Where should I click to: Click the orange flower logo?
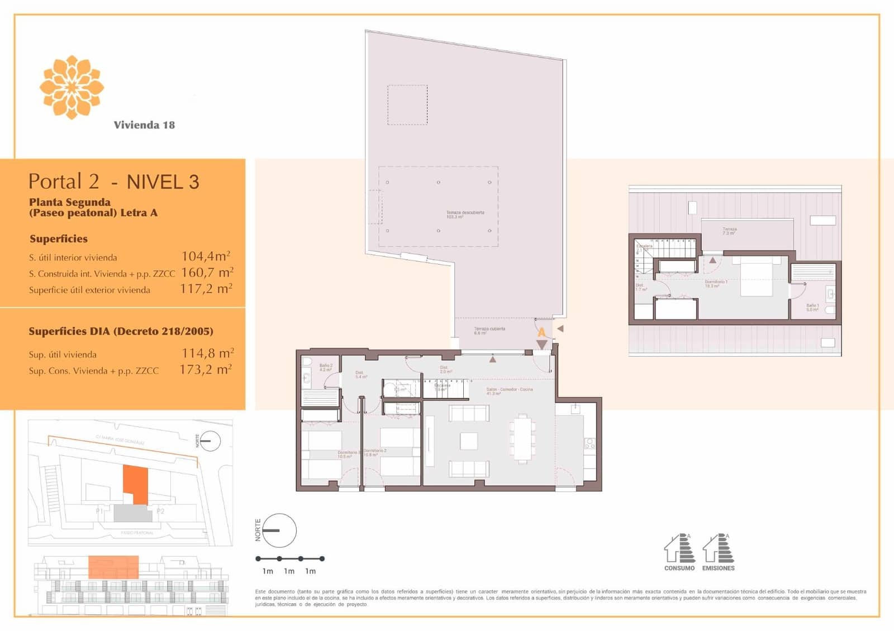[72, 87]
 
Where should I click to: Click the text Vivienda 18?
[144, 125]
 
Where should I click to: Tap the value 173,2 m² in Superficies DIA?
[206, 370]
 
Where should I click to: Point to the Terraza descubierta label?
[465, 214]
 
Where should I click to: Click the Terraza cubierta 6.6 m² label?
[489, 331]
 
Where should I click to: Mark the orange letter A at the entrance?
[541, 333]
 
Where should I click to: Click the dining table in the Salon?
[522, 437]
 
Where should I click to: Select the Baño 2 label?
[326, 367]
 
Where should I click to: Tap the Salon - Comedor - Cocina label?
[509, 391]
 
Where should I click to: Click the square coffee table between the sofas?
[469, 441]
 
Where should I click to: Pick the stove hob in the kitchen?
[590, 444]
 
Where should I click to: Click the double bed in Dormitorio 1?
[757, 277]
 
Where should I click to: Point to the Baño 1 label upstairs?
[812, 307]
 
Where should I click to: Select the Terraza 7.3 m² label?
[729, 231]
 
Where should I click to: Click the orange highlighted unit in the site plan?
[136, 483]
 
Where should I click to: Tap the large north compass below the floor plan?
[279, 530]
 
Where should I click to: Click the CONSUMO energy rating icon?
[679, 550]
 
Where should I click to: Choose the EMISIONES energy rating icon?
[719, 550]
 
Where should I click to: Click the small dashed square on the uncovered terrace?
[407, 105]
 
